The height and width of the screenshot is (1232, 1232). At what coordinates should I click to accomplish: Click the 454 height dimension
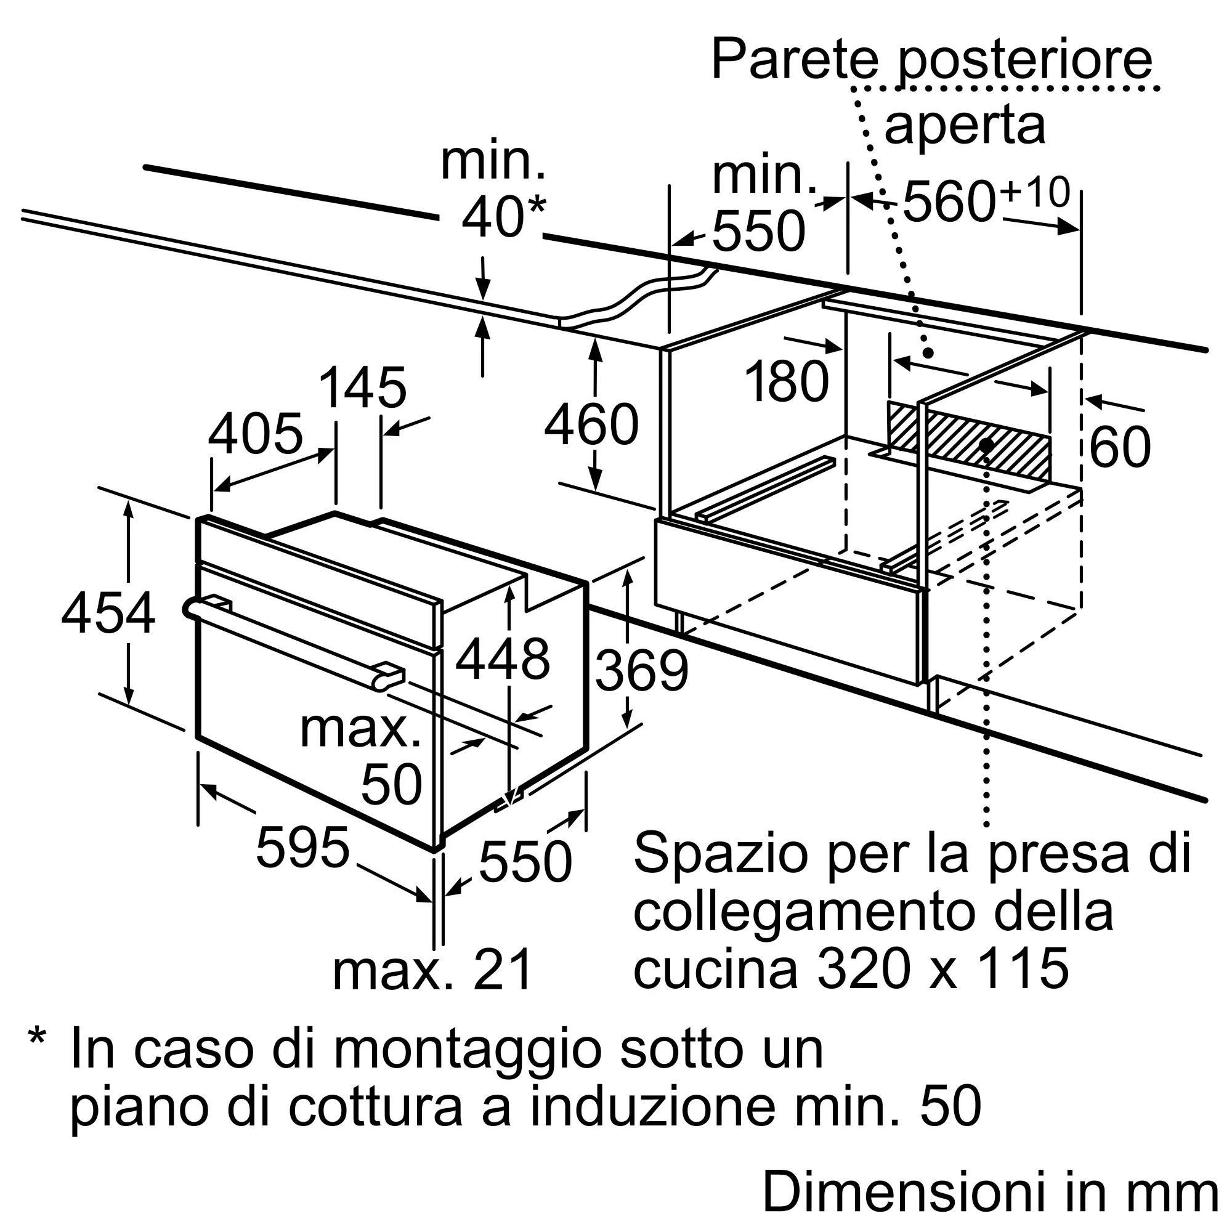pos(108,613)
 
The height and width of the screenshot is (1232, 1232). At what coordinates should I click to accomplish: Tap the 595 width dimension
pos(303,848)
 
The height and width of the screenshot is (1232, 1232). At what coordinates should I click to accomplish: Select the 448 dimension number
pos(503,659)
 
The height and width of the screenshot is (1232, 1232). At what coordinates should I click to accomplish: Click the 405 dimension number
pos(256,434)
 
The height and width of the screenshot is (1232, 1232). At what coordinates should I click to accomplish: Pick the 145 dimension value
pos(362,387)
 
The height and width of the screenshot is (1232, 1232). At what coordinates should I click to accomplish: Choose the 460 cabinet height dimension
pos(592,424)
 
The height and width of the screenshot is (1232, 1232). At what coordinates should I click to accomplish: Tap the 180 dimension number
pos(787,381)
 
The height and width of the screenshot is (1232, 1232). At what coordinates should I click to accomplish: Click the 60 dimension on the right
pos(1121,447)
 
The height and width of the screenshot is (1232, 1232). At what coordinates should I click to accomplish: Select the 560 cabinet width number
pos(949,201)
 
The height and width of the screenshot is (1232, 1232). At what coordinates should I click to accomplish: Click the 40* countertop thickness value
pos(504,217)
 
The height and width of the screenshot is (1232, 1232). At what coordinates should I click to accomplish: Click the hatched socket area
pos(968,440)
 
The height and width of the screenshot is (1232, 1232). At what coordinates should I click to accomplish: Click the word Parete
pos(795,60)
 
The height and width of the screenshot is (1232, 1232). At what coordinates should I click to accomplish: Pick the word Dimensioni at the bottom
pos(909,1191)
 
